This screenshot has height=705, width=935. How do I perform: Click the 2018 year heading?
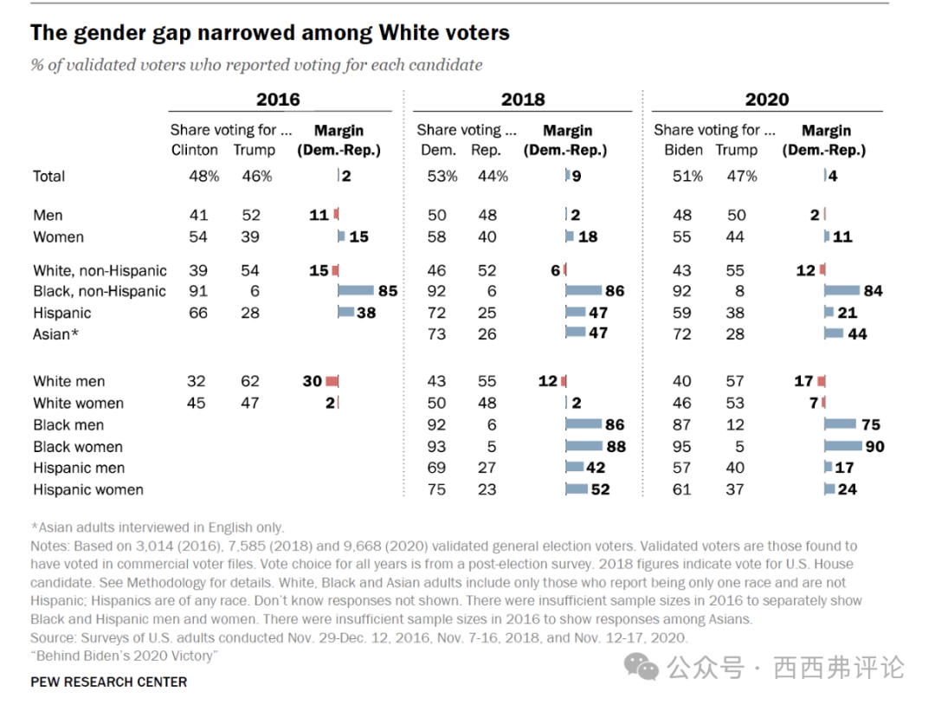(x=523, y=99)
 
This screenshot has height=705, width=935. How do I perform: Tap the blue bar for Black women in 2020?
(x=843, y=446)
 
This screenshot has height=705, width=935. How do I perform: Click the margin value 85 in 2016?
(x=387, y=291)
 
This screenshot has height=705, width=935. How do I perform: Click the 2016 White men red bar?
(x=332, y=381)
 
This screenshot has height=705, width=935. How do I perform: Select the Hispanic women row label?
(x=88, y=489)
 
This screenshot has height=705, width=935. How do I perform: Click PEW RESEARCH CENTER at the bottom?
(x=108, y=682)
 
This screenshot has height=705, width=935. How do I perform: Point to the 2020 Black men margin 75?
(x=870, y=424)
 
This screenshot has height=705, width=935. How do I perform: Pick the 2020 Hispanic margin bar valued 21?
(x=829, y=313)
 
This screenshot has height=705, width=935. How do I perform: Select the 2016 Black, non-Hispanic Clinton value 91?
(x=197, y=291)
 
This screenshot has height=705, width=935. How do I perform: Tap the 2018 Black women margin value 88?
(x=616, y=446)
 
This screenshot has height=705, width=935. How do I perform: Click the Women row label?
(x=58, y=236)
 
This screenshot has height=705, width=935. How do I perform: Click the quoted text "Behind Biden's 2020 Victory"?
(x=124, y=656)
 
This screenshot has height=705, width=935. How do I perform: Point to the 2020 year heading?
(x=766, y=99)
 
